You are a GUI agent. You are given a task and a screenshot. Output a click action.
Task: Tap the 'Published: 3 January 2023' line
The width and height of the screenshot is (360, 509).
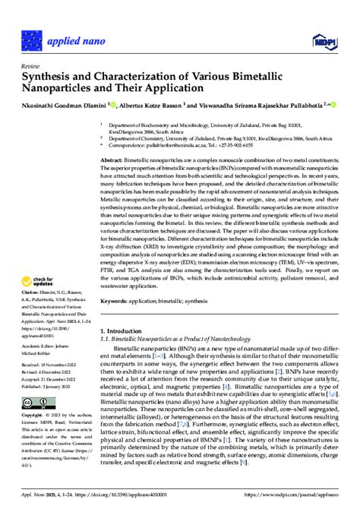49,407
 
